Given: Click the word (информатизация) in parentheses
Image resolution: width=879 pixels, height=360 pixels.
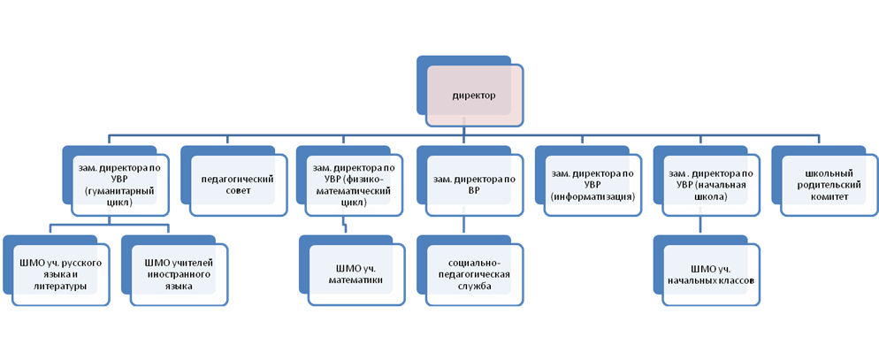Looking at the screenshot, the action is (592, 197).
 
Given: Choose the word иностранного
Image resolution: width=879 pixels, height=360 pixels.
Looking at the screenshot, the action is (179, 275).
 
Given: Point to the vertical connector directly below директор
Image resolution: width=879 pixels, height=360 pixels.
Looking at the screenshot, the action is (463, 131).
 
